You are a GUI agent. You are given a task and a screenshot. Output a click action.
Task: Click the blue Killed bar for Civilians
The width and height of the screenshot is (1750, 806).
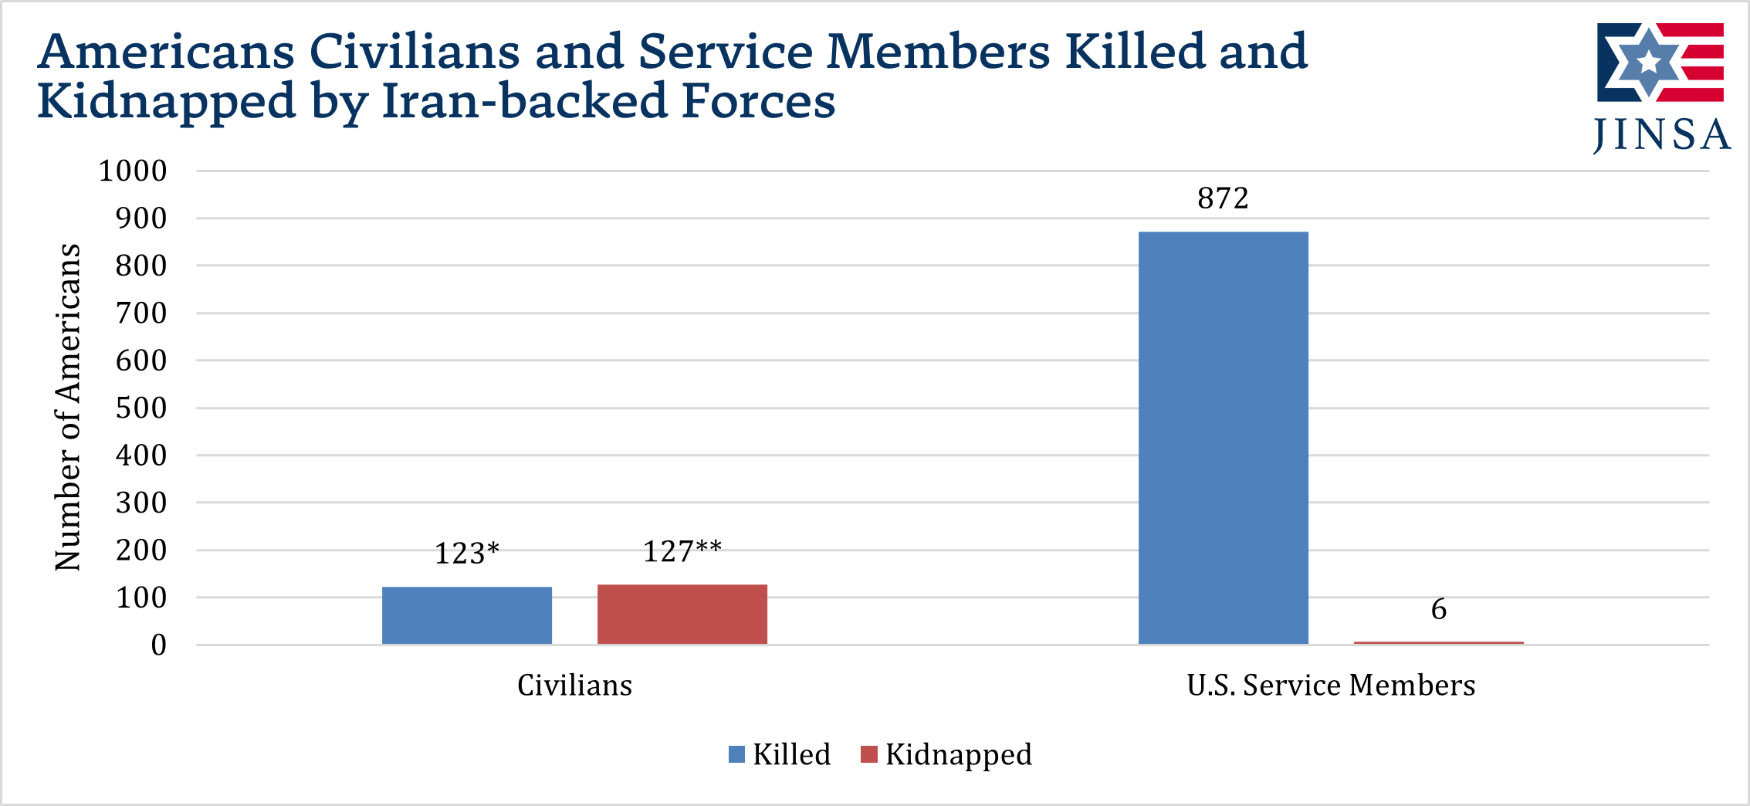[467, 615]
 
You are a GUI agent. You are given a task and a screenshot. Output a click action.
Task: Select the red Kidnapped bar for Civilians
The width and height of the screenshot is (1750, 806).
[682, 614]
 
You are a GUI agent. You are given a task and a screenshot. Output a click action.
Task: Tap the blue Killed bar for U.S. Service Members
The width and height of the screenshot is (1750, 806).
[1223, 437]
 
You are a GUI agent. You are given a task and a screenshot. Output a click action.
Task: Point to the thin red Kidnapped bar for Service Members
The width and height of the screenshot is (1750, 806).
[1438, 642]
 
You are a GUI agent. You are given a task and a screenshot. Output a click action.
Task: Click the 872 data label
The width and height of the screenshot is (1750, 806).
[1223, 198]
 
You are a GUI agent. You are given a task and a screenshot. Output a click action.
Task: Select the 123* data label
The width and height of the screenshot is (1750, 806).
[467, 554]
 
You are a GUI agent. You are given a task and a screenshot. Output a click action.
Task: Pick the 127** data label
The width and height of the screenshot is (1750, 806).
[682, 551]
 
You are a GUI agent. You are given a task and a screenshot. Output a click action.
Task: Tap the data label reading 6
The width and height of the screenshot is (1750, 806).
[1439, 609]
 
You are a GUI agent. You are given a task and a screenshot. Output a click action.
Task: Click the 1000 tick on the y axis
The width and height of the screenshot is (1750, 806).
[133, 171]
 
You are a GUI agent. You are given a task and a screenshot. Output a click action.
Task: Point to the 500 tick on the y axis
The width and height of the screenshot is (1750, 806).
[141, 408]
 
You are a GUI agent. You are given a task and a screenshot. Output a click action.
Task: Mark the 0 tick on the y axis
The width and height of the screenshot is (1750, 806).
[159, 645]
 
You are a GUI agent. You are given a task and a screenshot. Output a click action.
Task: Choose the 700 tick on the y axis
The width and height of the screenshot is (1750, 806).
[141, 313]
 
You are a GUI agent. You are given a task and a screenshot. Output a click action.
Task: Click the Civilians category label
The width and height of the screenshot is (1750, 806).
[574, 685]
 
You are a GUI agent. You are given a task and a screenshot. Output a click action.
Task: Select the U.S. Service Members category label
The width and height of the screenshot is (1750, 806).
[1331, 685]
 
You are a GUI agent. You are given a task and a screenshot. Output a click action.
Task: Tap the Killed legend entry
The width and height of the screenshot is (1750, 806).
[780, 754]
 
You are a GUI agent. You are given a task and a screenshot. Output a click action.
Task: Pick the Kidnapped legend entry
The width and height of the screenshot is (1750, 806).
[946, 754]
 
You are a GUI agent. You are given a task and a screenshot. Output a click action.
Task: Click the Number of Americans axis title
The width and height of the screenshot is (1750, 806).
[68, 407]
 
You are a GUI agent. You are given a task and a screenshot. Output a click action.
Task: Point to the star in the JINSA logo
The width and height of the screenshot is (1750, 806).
[1648, 62]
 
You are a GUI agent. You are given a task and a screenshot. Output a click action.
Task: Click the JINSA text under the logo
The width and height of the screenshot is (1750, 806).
[1662, 135]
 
